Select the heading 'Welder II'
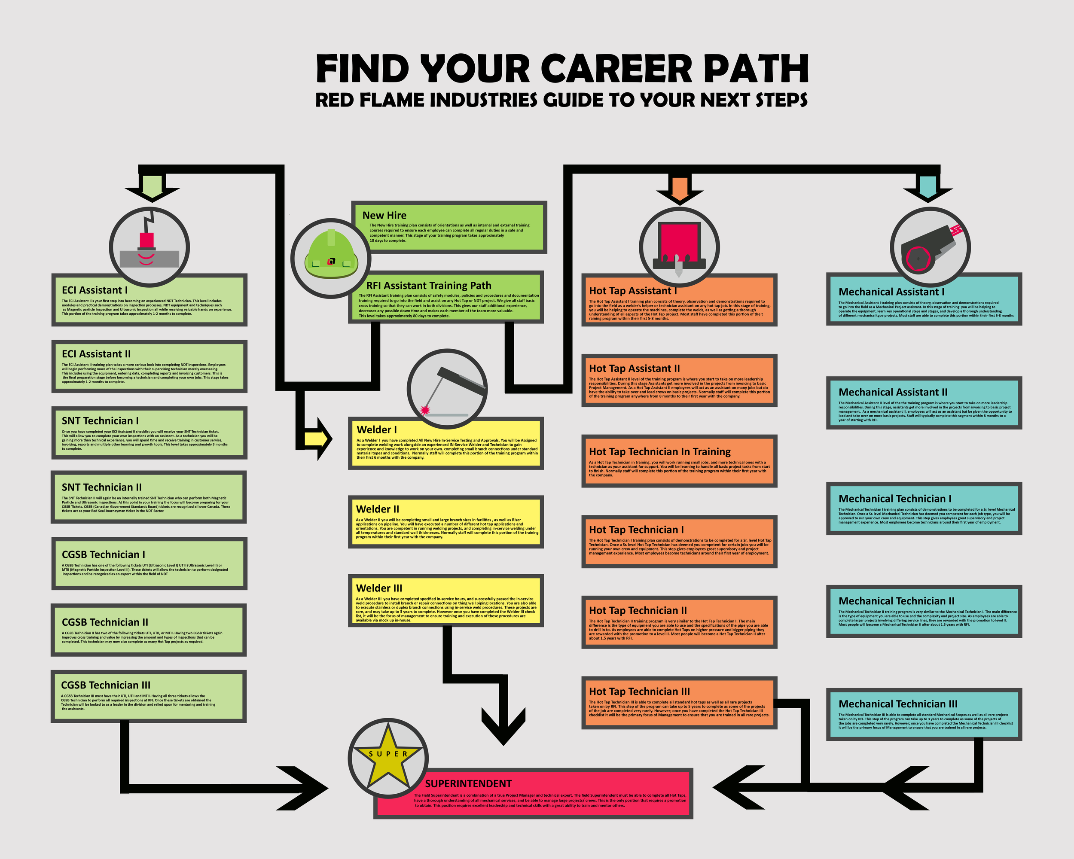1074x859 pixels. point(377,509)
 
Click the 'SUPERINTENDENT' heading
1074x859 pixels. point(468,784)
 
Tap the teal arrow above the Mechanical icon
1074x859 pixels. point(928,188)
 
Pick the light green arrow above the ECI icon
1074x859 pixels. point(152,188)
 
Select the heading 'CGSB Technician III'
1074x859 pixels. point(106,685)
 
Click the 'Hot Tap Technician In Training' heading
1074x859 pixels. point(659,452)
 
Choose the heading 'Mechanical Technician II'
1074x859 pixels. point(896,601)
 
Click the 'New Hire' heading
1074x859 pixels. point(384,215)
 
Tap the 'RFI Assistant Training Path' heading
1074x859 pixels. point(428,285)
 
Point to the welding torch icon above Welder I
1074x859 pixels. point(447,389)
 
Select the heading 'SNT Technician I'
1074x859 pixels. point(100,421)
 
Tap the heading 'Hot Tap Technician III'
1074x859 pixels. point(639,691)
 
